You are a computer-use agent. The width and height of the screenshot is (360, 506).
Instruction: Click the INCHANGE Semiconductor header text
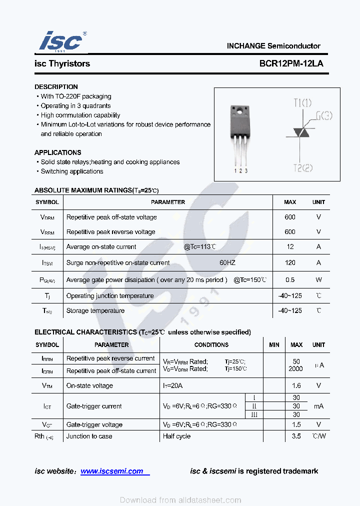tap(273, 46)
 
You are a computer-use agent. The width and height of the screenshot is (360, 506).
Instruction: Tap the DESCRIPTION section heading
tap(56, 87)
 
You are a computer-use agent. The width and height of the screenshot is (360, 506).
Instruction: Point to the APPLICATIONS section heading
tap(57, 152)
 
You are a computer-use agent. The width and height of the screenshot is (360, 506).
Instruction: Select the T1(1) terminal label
tap(302, 103)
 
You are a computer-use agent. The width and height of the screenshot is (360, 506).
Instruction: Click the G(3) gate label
tap(324, 116)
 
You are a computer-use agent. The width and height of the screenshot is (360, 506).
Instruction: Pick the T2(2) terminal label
tap(302, 168)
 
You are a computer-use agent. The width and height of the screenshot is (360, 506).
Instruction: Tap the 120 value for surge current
tap(290, 262)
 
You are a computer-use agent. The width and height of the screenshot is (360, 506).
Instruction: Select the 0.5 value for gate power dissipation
tap(290, 280)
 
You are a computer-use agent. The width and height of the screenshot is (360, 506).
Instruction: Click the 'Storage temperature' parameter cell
tap(95, 310)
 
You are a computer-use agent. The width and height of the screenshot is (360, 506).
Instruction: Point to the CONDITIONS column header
tap(211, 345)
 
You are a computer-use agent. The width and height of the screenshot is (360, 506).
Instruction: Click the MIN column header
tap(274, 345)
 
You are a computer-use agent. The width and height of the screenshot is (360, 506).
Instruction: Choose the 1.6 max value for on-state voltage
tap(296, 385)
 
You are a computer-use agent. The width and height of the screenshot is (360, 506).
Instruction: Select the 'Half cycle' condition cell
tap(176, 436)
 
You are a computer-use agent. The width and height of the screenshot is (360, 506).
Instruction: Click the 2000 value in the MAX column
tap(296, 369)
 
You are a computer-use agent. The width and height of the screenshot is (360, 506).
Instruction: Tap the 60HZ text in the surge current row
tap(227, 262)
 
